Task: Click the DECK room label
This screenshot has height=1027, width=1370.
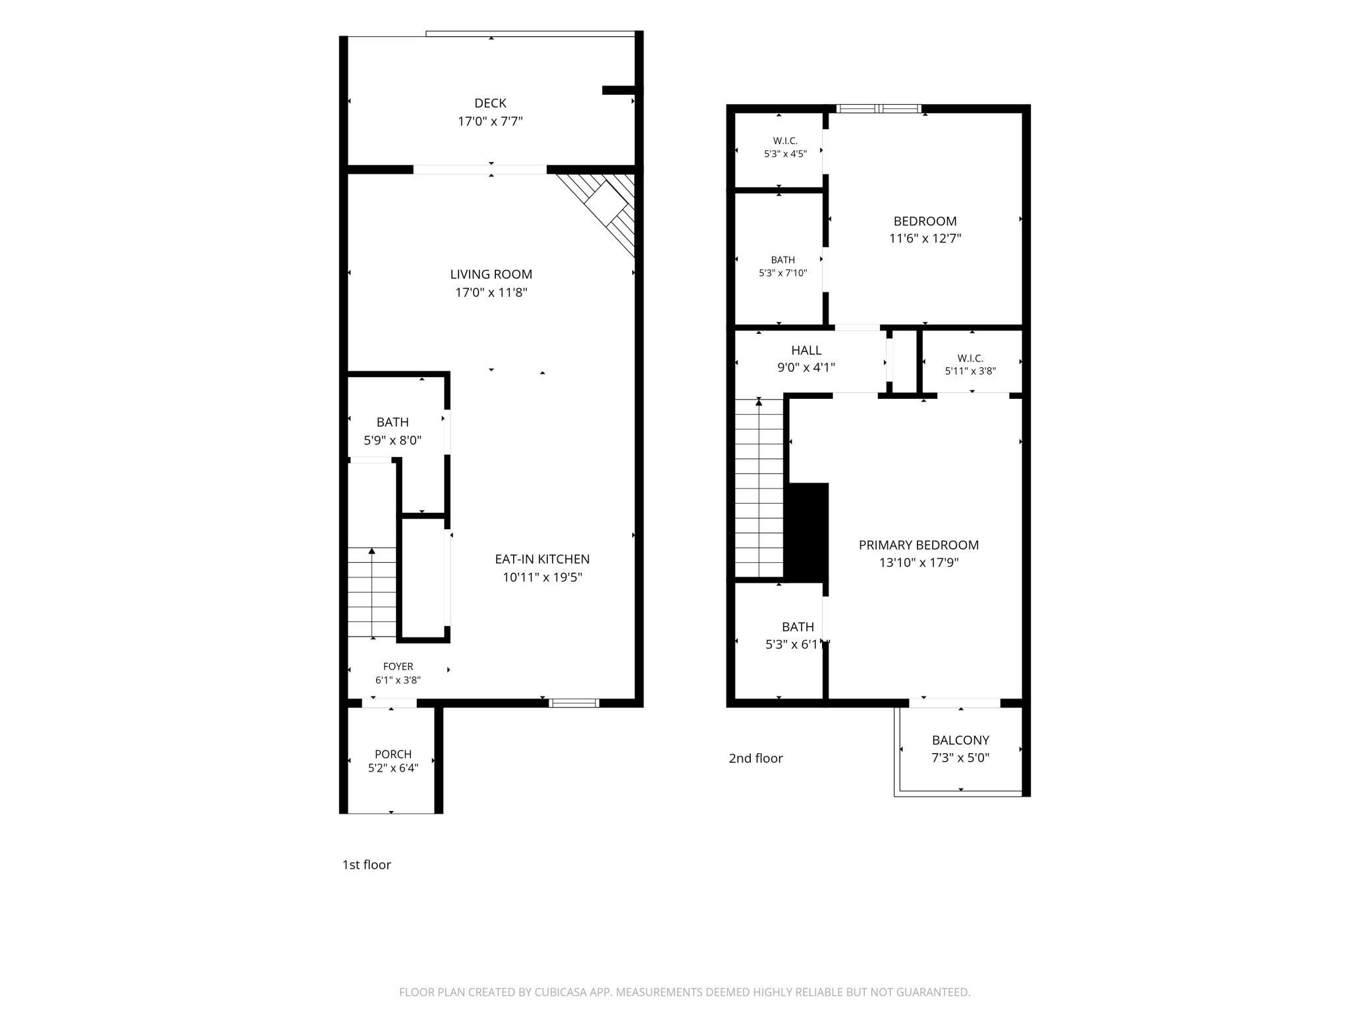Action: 490,103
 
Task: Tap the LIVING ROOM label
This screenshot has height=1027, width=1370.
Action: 491,275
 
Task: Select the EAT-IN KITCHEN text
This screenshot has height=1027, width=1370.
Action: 542,559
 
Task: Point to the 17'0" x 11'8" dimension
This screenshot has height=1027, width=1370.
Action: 491,292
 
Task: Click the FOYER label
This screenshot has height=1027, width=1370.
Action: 398,667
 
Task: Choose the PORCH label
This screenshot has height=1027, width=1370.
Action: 393,754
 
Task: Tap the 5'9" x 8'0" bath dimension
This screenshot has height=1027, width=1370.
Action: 393,440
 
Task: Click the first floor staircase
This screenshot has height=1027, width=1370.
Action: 372,592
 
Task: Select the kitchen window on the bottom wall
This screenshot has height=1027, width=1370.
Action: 574,703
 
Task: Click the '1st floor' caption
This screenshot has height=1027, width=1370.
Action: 366,865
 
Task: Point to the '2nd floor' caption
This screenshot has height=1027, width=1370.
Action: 755,758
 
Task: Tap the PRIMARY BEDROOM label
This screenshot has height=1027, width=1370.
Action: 918,545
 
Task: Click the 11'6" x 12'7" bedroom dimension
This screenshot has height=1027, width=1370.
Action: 925,238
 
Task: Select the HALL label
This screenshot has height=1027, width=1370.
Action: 806,350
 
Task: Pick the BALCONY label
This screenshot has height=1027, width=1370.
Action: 960,740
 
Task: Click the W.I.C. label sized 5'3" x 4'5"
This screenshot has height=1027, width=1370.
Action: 785,141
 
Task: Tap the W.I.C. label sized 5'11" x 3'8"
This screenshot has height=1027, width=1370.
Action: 970,358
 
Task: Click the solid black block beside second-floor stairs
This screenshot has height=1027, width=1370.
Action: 808,533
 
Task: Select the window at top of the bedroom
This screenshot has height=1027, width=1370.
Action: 879,109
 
